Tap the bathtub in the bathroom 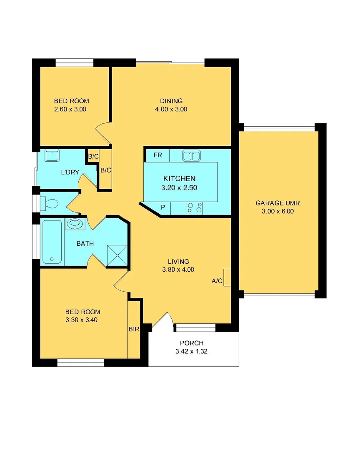pos(52,242)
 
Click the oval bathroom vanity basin pos(75,224)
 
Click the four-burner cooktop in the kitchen pos(195,207)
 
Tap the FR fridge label pos(157,155)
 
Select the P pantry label pos(163,207)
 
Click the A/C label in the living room pos(217,281)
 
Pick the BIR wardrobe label pos(133,329)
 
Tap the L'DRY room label pos(70,172)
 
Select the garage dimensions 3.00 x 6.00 pos(277,211)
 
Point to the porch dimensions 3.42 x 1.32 pos(192,351)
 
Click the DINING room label pos(171,101)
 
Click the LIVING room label pos(178,261)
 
